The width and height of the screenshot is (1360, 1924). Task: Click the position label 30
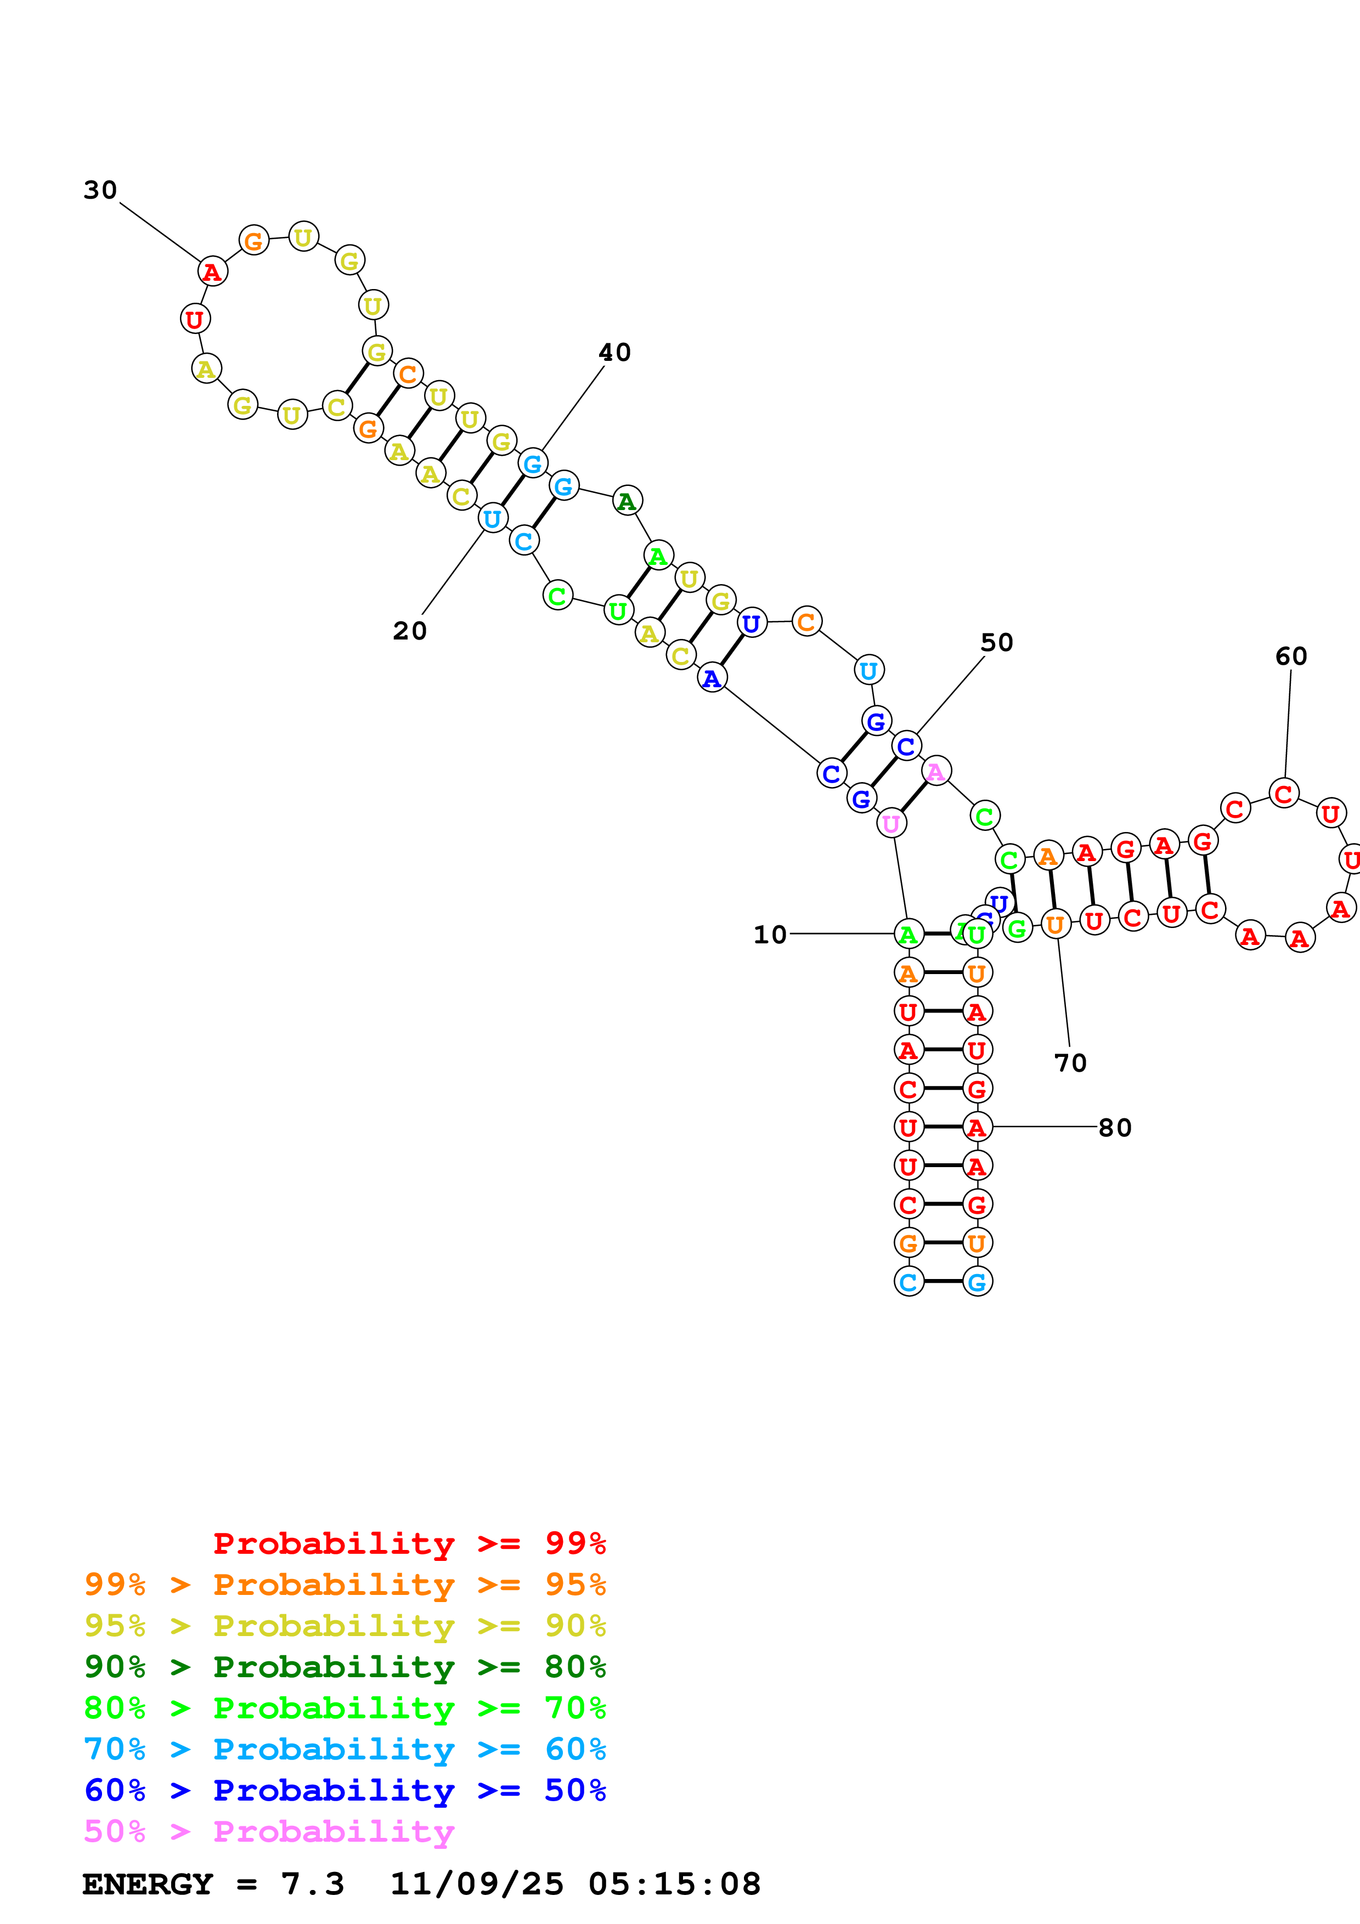click(x=100, y=190)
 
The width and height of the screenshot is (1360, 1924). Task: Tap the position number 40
click(x=614, y=352)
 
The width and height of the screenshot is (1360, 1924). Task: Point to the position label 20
click(x=410, y=630)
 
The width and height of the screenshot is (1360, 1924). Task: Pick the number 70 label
click(x=1070, y=1062)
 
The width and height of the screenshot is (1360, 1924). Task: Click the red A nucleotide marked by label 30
click(x=213, y=271)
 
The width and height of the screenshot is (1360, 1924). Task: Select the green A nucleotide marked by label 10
click(x=908, y=933)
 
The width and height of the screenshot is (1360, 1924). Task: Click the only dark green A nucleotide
click(x=627, y=501)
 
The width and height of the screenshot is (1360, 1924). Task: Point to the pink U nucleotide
click(x=891, y=824)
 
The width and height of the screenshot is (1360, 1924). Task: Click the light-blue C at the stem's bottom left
click(x=908, y=1281)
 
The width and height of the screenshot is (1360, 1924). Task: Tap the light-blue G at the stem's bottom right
click(x=977, y=1281)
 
